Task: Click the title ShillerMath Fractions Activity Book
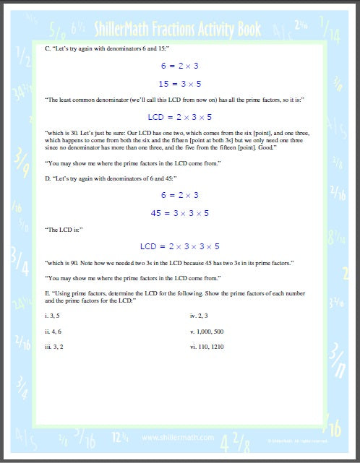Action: [180, 29]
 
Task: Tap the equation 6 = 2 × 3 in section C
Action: [180, 66]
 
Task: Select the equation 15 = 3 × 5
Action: [180, 83]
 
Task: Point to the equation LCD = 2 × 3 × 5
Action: [180, 116]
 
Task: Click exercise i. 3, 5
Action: [53, 316]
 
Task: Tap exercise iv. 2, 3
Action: [198, 316]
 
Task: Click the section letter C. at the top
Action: [47, 49]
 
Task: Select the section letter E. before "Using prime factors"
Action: [47, 294]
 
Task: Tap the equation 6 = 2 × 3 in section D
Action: [180, 195]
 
